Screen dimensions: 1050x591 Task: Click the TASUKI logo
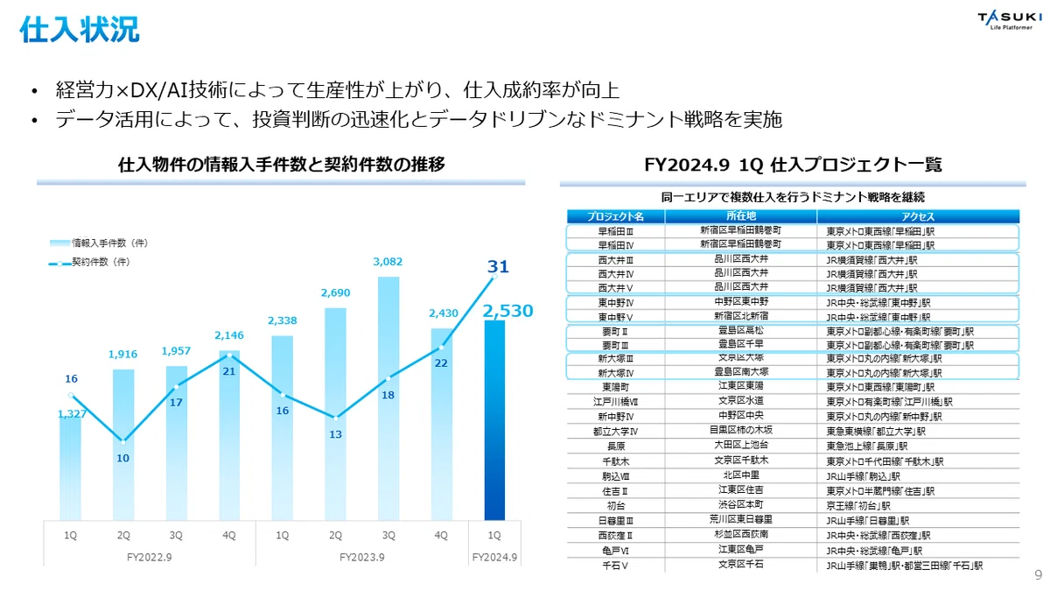[x=1009, y=21]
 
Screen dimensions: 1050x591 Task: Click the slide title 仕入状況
[x=80, y=30]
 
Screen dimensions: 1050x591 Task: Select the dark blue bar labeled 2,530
[x=494, y=420]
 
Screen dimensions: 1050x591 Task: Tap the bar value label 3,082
[x=388, y=262]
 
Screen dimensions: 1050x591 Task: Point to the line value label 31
[x=498, y=266]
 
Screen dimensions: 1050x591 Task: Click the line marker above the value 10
[x=123, y=442]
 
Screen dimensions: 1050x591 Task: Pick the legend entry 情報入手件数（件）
[x=99, y=243]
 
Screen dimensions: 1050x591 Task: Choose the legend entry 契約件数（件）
[x=89, y=262]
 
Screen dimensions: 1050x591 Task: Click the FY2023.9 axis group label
[x=362, y=557]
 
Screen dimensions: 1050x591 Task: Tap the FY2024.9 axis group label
[x=494, y=557]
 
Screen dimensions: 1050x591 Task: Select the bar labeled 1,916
[x=123, y=445]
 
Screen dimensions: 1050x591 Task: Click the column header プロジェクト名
[x=615, y=216]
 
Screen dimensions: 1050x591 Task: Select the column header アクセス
[x=918, y=216]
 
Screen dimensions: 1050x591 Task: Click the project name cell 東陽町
[x=615, y=387]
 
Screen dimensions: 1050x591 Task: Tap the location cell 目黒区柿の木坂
[x=740, y=430]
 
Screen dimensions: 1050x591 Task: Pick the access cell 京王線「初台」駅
[x=857, y=506]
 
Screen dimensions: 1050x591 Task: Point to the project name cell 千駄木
[x=615, y=461]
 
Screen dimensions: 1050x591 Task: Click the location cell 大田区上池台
[x=740, y=445]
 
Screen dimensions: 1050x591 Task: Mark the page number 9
[x=1039, y=574]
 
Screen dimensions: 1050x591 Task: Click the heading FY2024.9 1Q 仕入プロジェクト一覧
[x=793, y=165]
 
